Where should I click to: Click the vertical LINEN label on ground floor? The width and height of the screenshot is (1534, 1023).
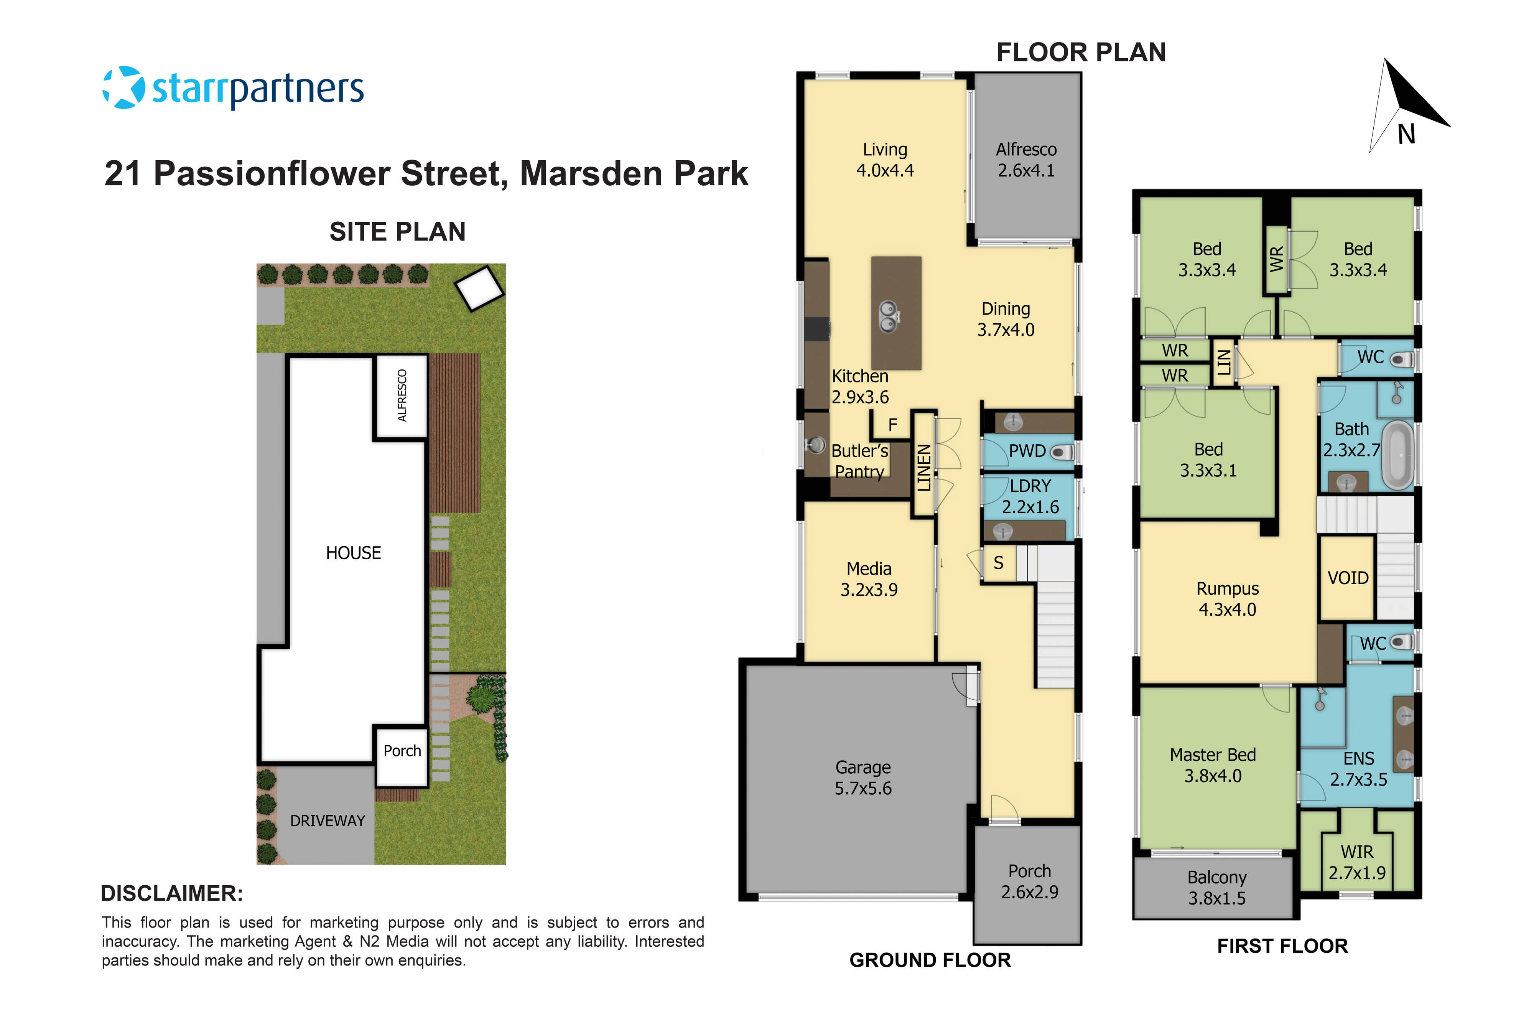tap(923, 467)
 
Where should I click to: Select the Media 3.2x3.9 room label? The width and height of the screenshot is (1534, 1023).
tap(869, 579)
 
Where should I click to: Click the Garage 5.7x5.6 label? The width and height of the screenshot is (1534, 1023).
tap(863, 778)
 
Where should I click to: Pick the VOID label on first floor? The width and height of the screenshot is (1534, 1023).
tap(1348, 578)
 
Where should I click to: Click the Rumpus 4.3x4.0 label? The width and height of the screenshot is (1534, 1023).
tap(1227, 599)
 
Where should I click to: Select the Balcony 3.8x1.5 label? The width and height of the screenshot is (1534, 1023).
tap(1216, 888)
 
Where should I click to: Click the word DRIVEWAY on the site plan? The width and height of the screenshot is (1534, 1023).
tap(328, 821)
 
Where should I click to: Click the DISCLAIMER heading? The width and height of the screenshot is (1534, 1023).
tap(171, 894)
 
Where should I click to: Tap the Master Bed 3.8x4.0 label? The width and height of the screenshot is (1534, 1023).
tap(1213, 765)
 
